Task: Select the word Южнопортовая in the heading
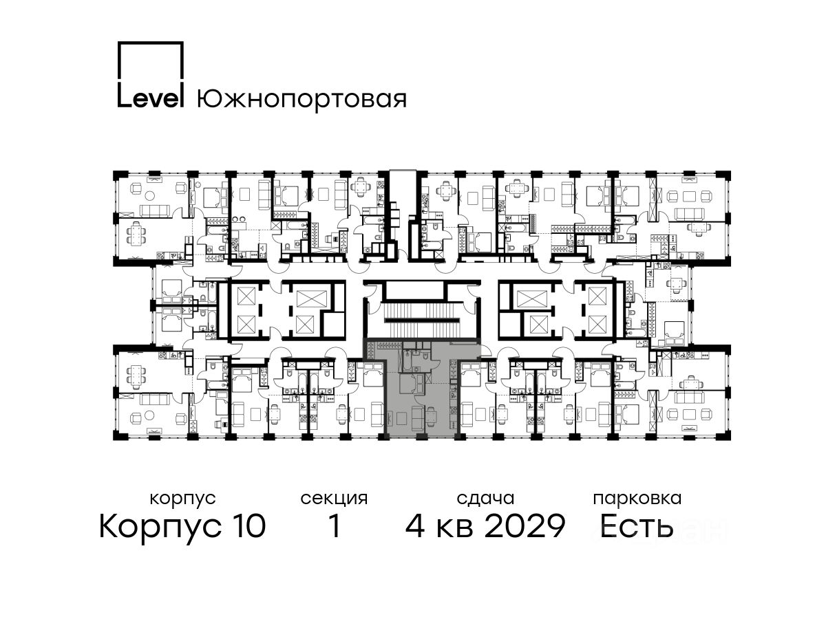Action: [x=301, y=99]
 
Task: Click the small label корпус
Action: [x=182, y=499]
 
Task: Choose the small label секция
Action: [x=334, y=499]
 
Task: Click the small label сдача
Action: [x=485, y=499]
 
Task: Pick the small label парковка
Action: [x=637, y=499]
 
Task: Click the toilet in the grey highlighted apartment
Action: [x=425, y=356]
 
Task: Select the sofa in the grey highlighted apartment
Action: [x=416, y=418]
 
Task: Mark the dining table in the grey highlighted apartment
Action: [x=432, y=415]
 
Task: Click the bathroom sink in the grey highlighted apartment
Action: [x=416, y=353]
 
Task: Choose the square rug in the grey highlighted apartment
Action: [x=401, y=417]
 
